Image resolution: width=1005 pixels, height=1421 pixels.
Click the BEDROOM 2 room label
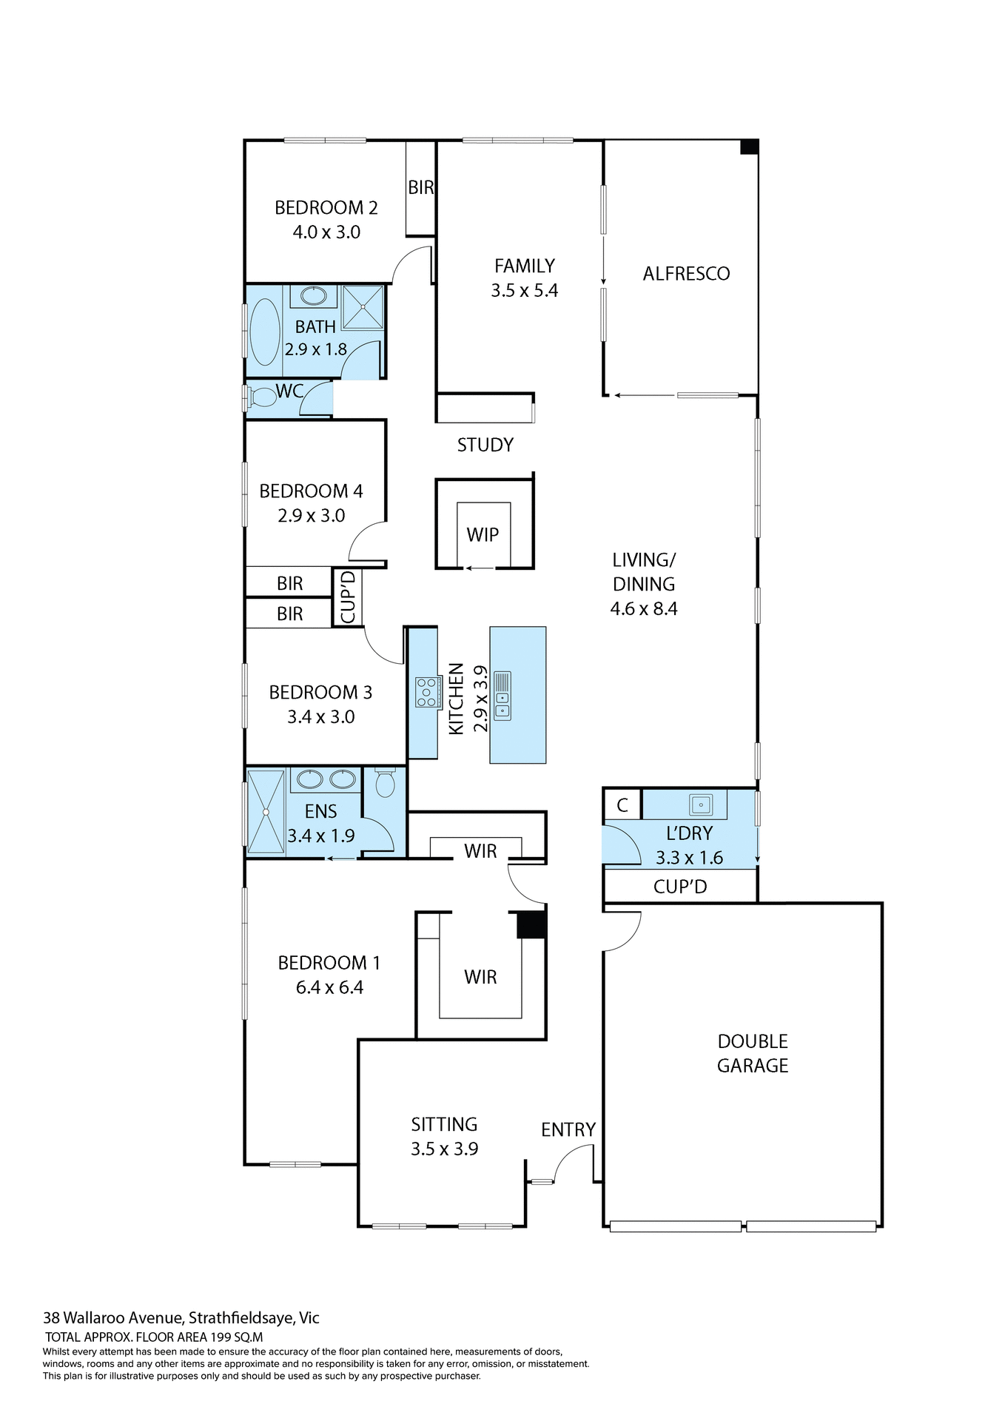(326, 208)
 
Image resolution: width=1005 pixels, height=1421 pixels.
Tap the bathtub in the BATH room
(264, 332)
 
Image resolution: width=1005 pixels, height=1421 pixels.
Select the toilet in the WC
(261, 397)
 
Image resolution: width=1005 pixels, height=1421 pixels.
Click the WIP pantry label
(483, 534)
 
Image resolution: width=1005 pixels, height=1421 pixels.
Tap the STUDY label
(485, 445)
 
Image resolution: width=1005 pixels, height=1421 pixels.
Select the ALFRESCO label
(686, 274)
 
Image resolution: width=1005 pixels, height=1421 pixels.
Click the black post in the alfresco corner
(749, 147)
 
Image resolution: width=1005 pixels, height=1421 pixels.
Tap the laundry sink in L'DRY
(700, 804)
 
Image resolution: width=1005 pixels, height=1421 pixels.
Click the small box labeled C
(622, 805)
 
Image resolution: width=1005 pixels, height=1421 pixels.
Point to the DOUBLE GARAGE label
(753, 1053)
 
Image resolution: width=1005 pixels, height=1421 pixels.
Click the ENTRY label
(568, 1129)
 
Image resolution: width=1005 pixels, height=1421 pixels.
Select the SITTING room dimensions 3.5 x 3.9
(444, 1149)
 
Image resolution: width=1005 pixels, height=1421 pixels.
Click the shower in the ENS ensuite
(266, 812)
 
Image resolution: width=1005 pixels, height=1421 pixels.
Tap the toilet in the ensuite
(385, 783)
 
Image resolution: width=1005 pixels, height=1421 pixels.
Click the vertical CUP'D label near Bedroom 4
(348, 597)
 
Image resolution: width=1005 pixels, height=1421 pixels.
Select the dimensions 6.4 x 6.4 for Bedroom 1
(329, 987)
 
